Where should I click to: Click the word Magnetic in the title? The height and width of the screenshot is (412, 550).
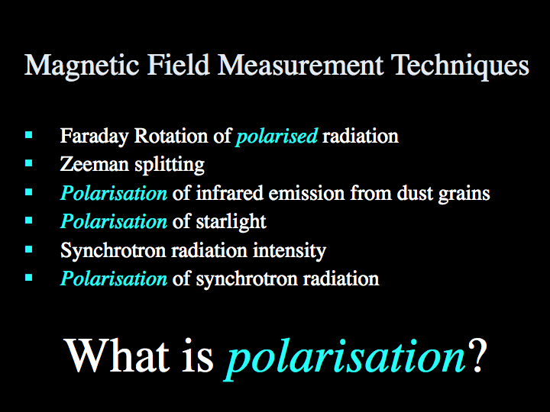(x=82, y=66)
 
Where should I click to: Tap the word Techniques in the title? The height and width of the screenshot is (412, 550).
(x=460, y=66)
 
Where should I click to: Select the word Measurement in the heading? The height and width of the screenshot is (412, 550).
(x=301, y=65)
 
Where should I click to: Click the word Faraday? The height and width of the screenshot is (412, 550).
(x=95, y=137)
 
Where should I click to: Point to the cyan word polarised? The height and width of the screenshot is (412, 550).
(x=277, y=137)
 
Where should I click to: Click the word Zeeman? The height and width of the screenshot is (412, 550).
(x=95, y=164)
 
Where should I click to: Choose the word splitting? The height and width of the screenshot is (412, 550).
(x=170, y=165)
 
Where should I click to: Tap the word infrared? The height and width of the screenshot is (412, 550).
(x=229, y=193)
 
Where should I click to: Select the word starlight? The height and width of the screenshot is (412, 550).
(x=231, y=222)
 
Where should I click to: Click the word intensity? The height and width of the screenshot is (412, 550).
(x=290, y=251)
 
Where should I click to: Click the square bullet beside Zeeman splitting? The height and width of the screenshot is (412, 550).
(x=29, y=163)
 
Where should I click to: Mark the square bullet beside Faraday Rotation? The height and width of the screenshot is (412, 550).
(x=29, y=134)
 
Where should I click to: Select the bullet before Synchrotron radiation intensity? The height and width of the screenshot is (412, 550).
(x=29, y=249)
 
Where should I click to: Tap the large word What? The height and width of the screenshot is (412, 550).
(x=118, y=356)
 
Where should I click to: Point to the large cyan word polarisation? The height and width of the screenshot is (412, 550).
(x=345, y=359)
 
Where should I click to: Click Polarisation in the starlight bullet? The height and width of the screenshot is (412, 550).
(x=114, y=222)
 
